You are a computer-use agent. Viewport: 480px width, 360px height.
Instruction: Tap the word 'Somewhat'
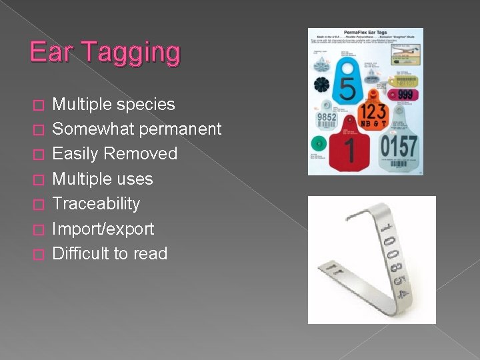click(x=93, y=129)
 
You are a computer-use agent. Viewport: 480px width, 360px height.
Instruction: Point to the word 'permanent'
click(x=181, y=129)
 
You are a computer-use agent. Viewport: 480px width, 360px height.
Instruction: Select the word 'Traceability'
click(x=96, y=203)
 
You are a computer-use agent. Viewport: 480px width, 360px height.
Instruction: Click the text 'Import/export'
click(x=103, y=229)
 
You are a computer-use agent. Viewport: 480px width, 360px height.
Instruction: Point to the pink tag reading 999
click(x=406, y=95)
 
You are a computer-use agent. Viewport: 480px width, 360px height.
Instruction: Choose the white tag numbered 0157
click(x=399, y=141)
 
